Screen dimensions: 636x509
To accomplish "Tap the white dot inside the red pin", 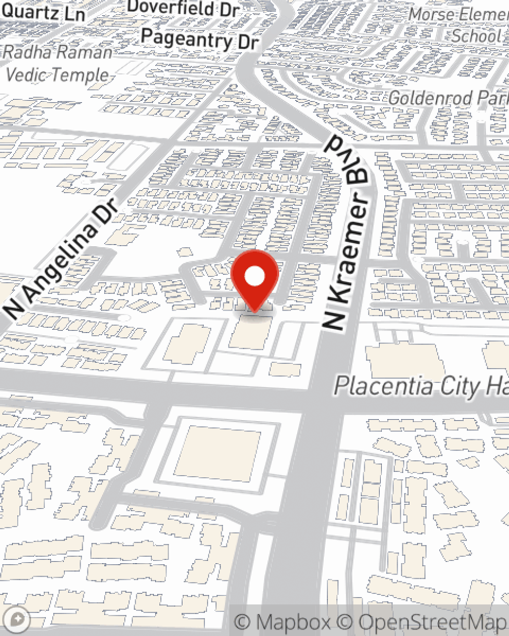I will click(254, 277).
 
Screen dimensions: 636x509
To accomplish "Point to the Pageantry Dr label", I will click(200, 39).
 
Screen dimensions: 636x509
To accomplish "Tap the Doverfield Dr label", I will click(183, 9).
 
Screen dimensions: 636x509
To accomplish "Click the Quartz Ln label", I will click(43, 12).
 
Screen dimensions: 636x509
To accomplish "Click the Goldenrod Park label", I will click(448, 98).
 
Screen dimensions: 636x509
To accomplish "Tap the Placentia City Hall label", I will click(420, 386).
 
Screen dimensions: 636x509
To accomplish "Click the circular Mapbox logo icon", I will click(17, 619).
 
